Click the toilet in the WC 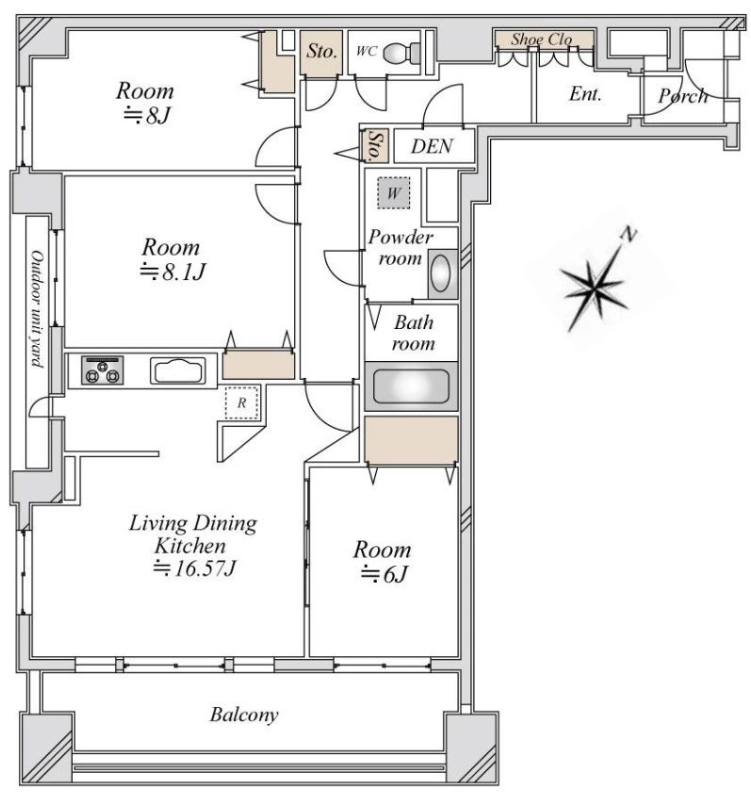(x=402, y=53)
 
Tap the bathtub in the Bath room (x=411, y=387)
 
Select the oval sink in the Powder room (x=440, y=273)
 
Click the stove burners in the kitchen (x=103, y=370)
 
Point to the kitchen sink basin (x=178, y=370)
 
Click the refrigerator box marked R (x=242, y=403)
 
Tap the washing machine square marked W (x=394, y=192)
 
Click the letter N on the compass (x=628, y=234)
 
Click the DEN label (x=432, y=146)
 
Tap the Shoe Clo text (x=542, y=39)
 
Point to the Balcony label (x=244, y=715)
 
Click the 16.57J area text (x=195, y=568)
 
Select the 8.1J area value (x=173, y=271)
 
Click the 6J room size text (x=384, y=574)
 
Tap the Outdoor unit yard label (x=37, y=309)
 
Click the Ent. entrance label (x=585, y=94)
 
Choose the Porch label (x=683, y=96)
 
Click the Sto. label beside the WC (x=322, y=51)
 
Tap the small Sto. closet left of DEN (x=375, y=145)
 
